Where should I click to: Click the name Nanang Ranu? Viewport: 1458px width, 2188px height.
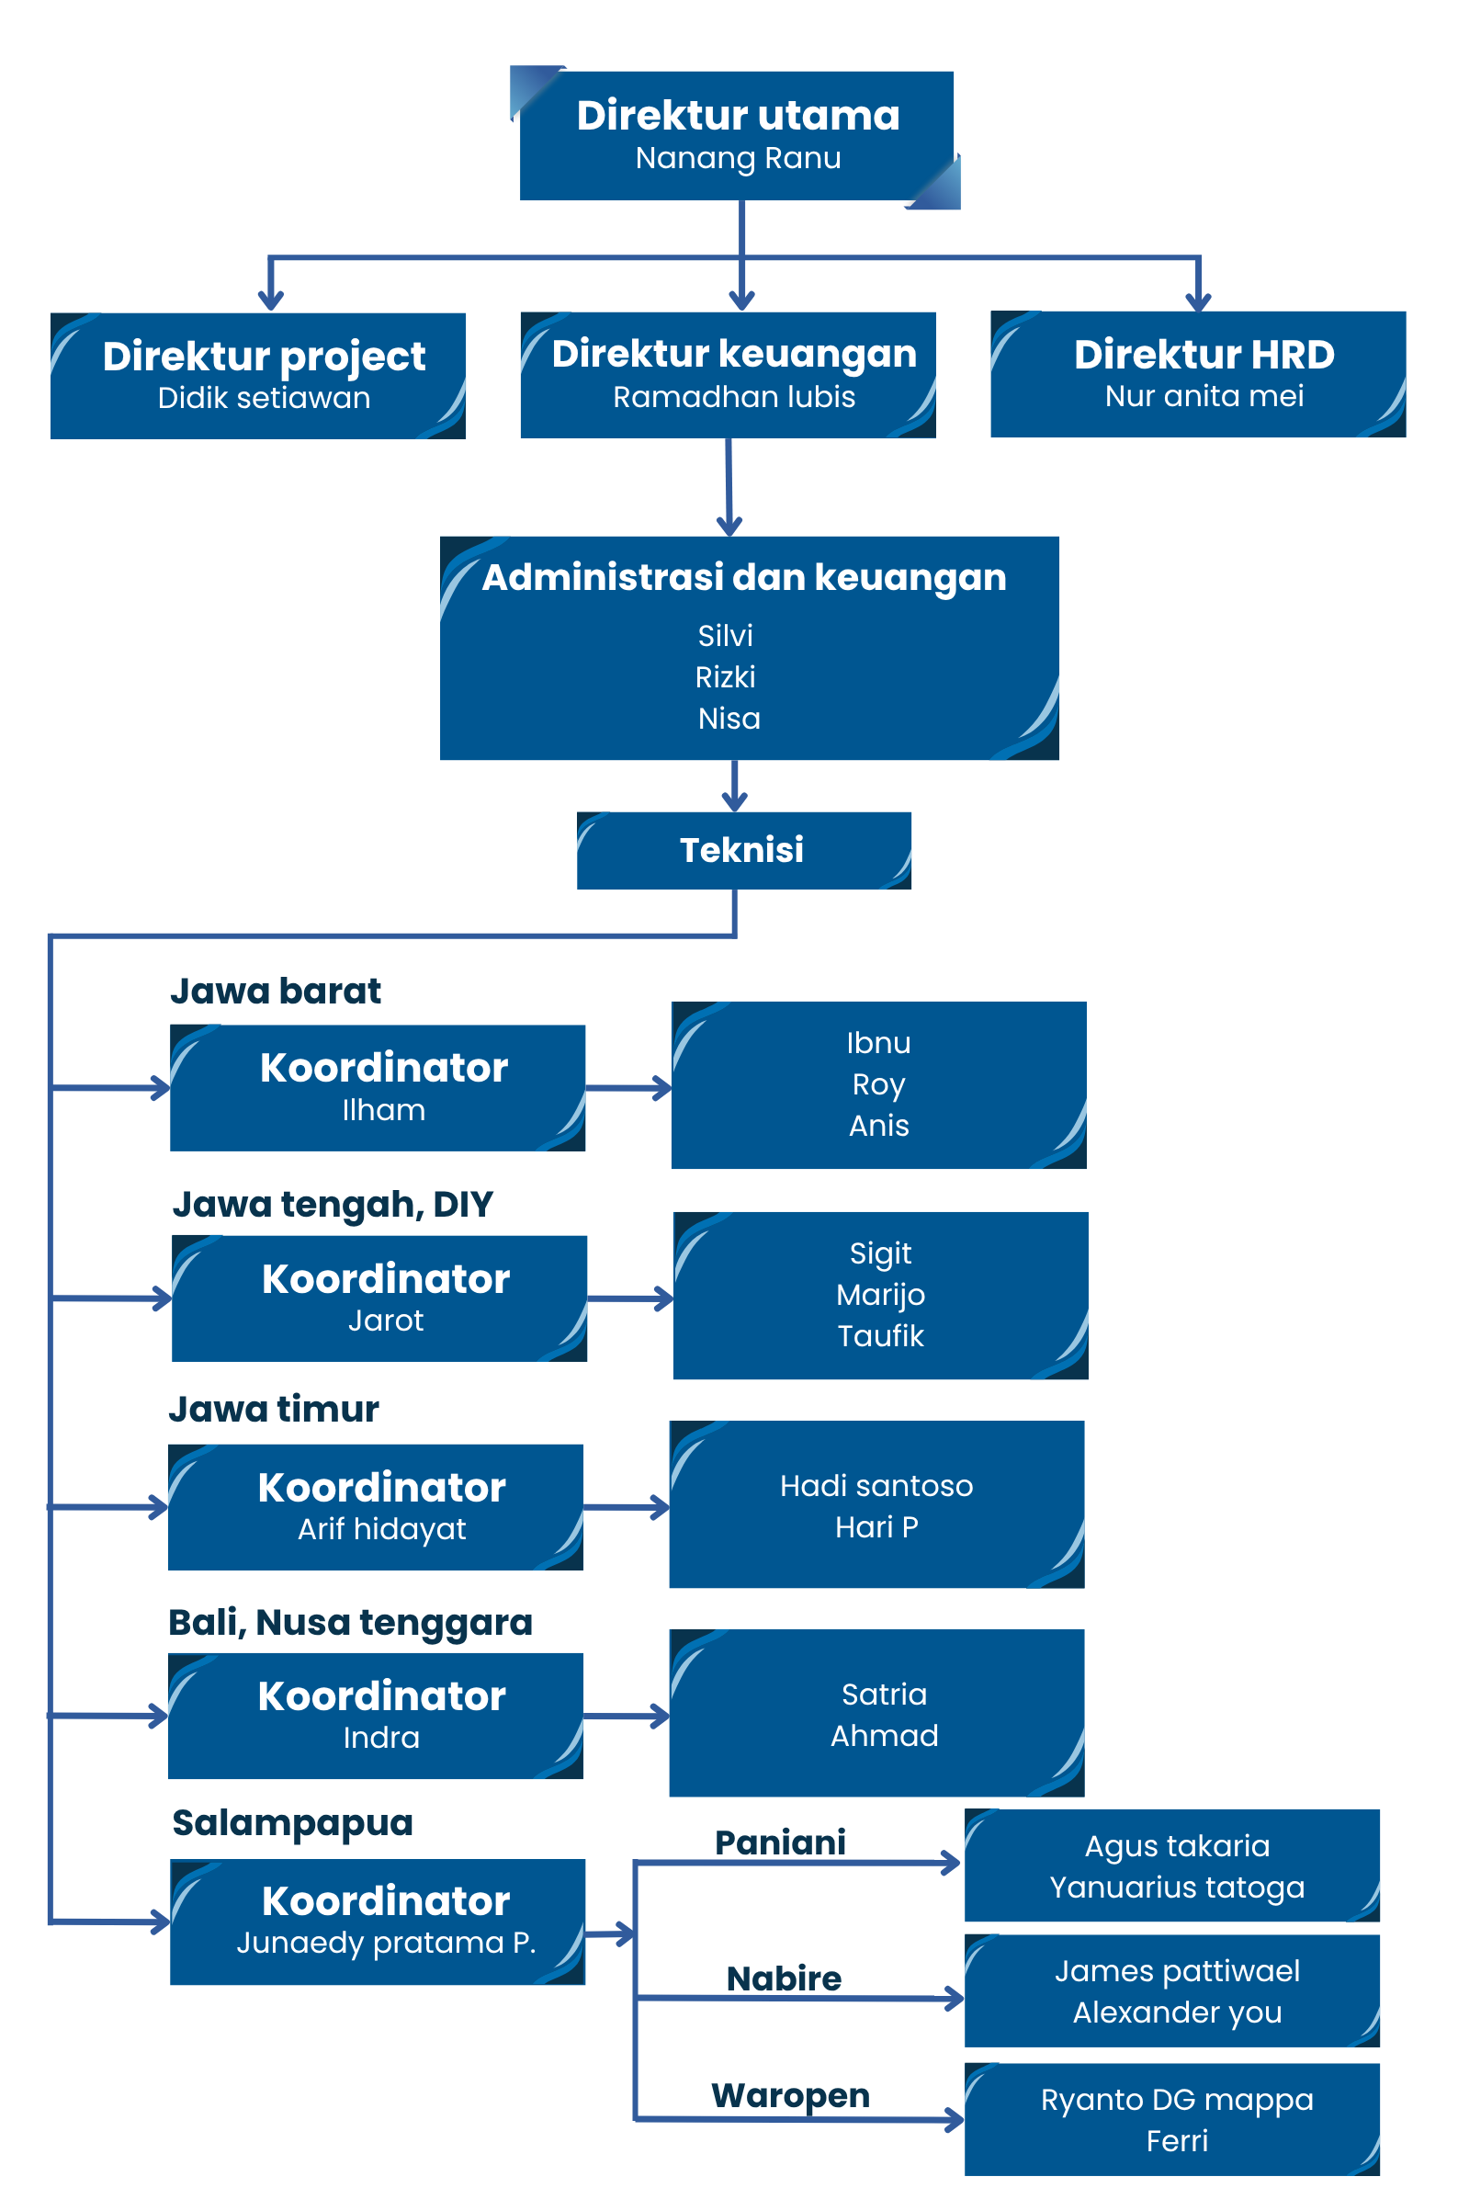coord(739,158)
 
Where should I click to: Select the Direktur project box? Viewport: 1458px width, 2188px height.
coord(257,376)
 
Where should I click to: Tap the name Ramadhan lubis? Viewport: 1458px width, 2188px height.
coord(734,397)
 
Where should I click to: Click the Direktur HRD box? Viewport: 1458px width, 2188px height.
coord(1199,374)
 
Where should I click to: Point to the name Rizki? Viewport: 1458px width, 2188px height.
coord(725,677)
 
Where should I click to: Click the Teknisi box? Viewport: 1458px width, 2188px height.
coord(744,851)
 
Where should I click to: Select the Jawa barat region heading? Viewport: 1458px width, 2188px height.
coord(276,992)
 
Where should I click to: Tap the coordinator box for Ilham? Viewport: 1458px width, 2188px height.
coord(378,1088)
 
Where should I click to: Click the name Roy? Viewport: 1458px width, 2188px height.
coord(878,1085)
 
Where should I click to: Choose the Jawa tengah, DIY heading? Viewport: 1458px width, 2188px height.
coord(333,1205)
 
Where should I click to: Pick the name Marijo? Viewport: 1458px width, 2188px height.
coord(880,1296)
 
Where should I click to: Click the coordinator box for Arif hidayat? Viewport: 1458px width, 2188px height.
coord(376,1507)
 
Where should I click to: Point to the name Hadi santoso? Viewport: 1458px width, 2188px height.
coord(876,1486)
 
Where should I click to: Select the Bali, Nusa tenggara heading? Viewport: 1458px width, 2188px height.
coord(351,1624)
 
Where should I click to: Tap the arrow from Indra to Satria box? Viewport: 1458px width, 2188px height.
coord(627,1717)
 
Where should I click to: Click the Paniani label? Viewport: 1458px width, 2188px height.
coord(781,1842)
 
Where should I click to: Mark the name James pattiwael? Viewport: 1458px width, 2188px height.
coord(1177,1971)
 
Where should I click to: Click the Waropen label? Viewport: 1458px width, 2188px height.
coord(791,2096)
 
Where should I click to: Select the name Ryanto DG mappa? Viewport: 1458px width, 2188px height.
coord(1177,2101)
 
